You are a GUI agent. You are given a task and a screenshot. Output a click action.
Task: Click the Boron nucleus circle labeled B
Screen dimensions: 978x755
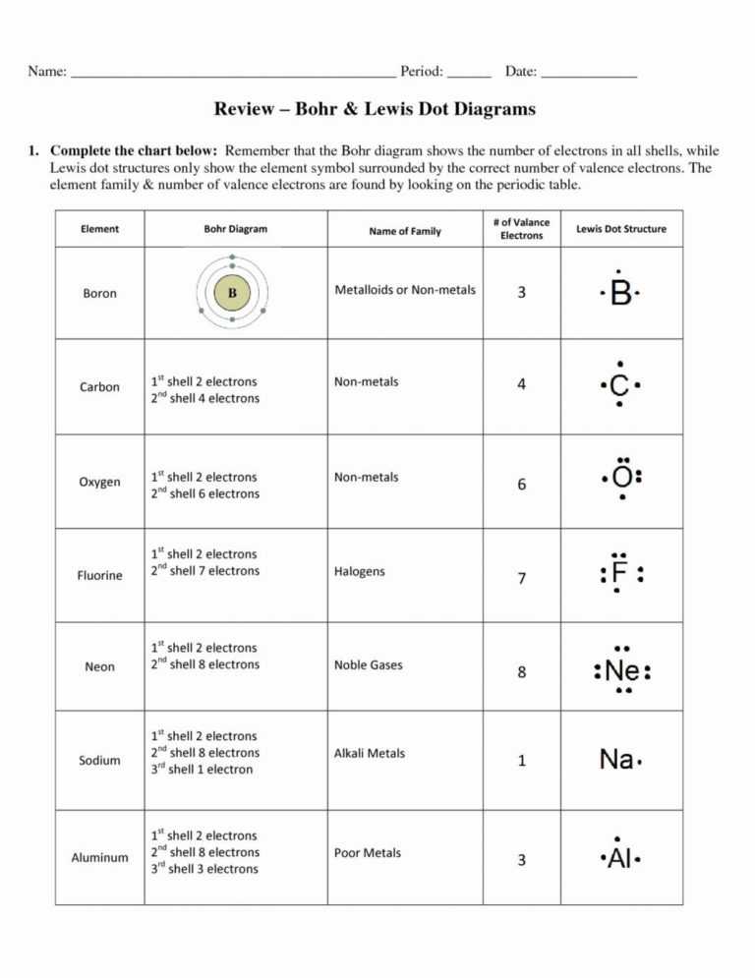(232, 293)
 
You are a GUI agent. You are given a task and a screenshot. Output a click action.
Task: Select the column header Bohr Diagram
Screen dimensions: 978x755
(235, 229)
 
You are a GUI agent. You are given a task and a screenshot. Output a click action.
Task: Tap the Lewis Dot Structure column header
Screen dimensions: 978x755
(620, 229)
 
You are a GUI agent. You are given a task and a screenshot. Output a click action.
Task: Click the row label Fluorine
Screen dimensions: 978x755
(99, 576)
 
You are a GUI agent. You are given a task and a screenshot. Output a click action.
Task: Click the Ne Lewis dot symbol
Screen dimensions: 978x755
(622, 672)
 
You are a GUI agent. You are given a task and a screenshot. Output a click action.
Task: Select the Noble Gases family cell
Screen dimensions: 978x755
(368, 665)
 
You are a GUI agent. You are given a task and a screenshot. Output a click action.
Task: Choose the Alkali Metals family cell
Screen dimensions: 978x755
(369, 754)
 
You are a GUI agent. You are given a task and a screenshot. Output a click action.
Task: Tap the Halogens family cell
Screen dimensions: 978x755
(360, 571)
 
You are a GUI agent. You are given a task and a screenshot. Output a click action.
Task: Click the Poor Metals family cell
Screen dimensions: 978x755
(368, 853)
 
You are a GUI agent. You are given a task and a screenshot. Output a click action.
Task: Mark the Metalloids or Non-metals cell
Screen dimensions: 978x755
(405, 290)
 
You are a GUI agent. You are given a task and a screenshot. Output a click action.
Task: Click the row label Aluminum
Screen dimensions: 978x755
(99, 858)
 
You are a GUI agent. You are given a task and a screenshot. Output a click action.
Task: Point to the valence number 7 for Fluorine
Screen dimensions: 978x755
(521, 579)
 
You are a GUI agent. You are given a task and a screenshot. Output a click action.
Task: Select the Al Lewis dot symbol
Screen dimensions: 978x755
(619, 860)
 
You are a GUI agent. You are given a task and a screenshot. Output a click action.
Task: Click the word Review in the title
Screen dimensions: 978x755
(248, 109)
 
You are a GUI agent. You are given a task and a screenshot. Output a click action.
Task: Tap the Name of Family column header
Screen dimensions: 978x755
(405, 232)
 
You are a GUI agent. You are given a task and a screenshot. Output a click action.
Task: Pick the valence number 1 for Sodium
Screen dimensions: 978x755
(521, 761)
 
